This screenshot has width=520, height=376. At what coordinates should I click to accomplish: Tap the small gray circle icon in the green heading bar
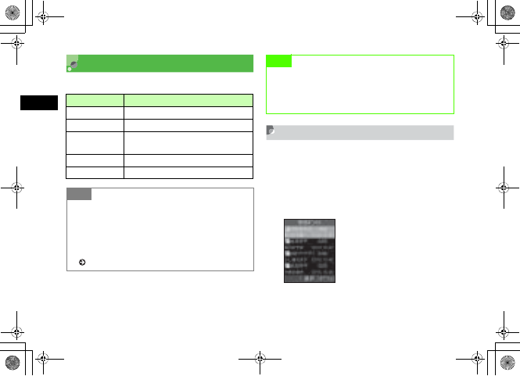pos(73,63)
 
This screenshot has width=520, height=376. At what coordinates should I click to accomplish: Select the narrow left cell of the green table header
pos(95,100)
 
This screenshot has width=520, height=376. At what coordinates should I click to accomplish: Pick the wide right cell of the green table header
pos(188,100)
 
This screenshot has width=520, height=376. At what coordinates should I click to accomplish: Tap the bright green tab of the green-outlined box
pos(279,61)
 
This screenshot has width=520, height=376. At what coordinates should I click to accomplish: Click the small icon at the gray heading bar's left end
pos(271,132)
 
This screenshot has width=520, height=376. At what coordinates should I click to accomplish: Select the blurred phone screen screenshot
pos(309,250)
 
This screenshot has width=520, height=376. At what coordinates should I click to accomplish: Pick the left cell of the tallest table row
pos(95,142)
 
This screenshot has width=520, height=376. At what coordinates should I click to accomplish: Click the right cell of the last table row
pos(188,172)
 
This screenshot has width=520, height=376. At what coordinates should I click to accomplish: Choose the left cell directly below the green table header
pos(95,112)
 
